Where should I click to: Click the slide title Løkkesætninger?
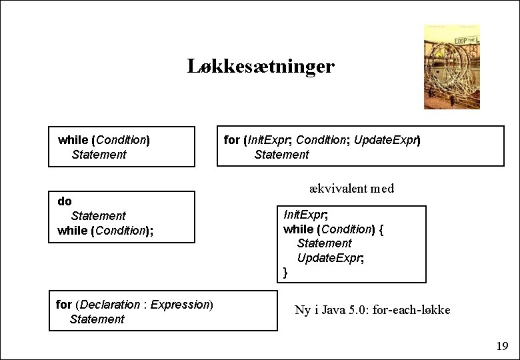261,67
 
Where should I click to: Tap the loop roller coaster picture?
451,67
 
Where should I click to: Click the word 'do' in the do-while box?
65,201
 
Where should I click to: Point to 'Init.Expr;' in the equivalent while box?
306,215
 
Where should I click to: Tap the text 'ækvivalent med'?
352,188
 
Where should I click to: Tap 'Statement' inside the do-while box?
98,215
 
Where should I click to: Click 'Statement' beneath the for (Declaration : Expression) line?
97,319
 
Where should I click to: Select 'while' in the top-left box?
73,140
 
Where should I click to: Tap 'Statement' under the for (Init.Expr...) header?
281,155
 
